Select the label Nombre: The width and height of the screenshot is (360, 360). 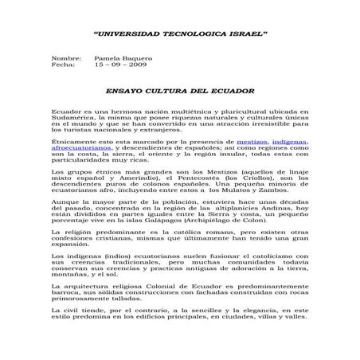pyautogui.click(x=66, y=59)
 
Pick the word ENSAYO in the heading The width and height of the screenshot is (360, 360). pyautogui.click(x=127, y=92)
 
